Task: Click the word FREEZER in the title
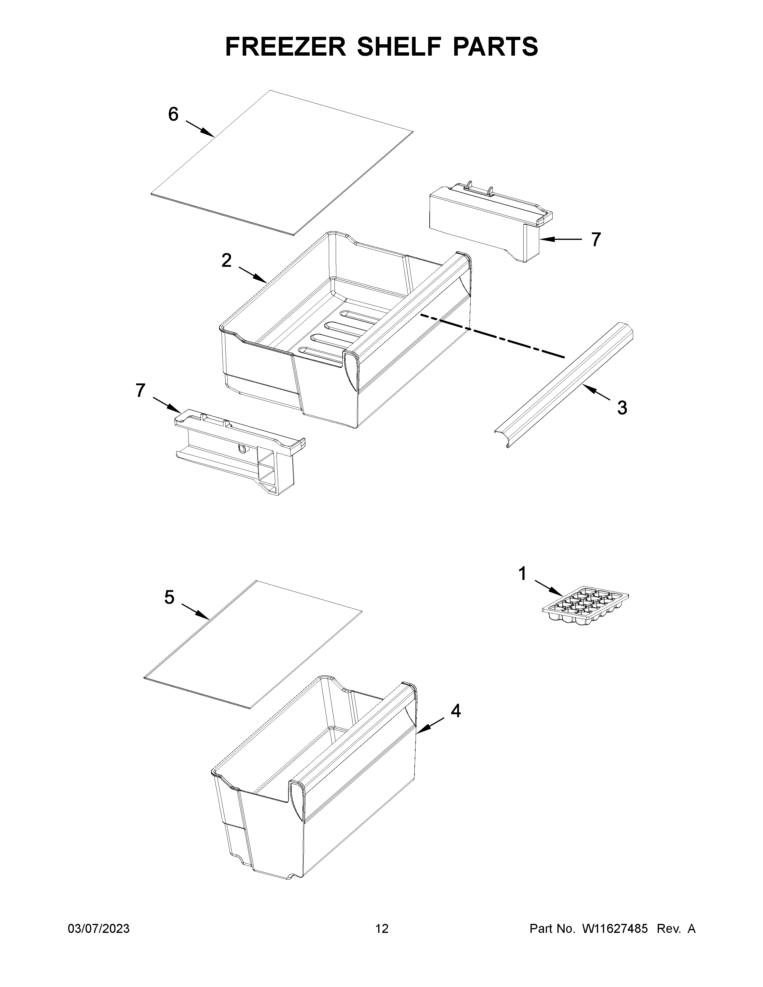285,47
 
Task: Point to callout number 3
622,408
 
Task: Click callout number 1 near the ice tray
522,574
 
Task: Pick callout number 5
169,598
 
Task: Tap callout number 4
456,711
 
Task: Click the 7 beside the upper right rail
596,240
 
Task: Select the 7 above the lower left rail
141,390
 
